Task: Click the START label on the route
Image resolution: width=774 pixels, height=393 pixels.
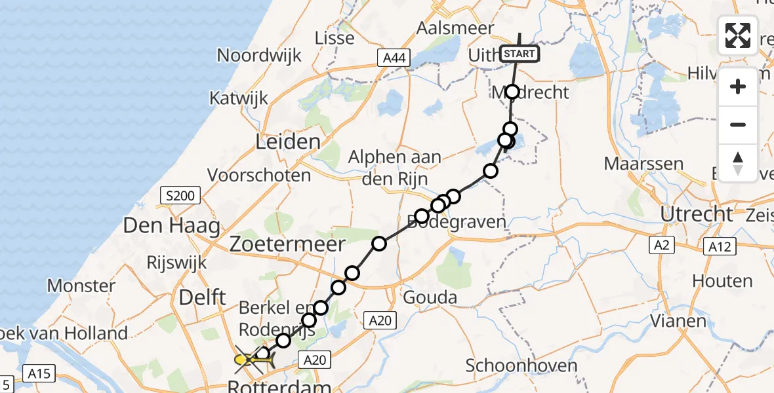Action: (x=520, y=54)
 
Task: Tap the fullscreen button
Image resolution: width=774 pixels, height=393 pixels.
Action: (x=738, y=35)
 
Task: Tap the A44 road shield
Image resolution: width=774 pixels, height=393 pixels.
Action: (x=394, y=58)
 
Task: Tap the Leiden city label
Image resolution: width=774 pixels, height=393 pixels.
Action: (x=289, y=141)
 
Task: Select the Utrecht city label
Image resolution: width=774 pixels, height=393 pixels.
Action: (x=697, y=214)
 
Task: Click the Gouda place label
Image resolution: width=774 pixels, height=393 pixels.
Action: (x=431, y=297)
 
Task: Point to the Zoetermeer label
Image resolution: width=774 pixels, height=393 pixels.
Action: (x=287, y=244)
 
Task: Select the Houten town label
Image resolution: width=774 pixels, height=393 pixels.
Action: (x=722, y=281)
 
